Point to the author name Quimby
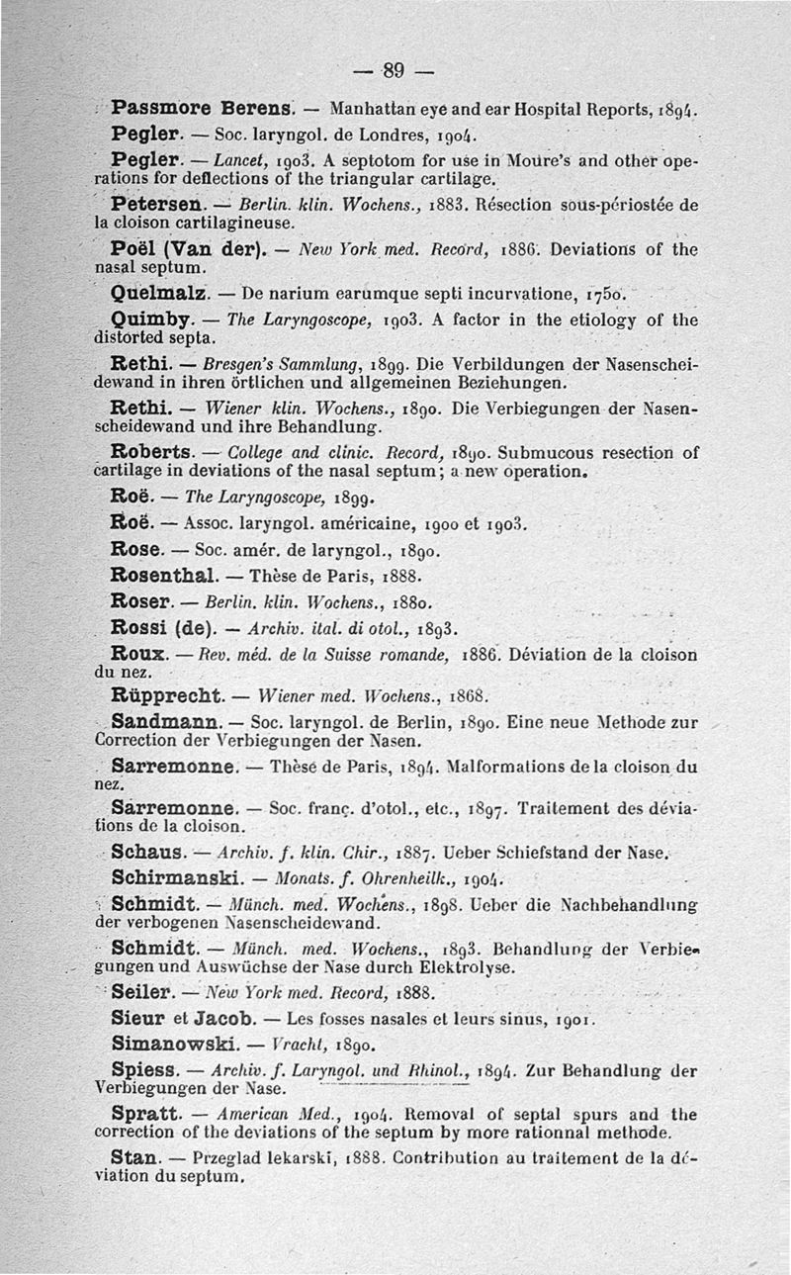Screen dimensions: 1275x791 tap(154, 319)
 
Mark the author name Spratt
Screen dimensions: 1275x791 tap(144, 1113)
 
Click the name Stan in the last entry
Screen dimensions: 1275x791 tap(135, 1157)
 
